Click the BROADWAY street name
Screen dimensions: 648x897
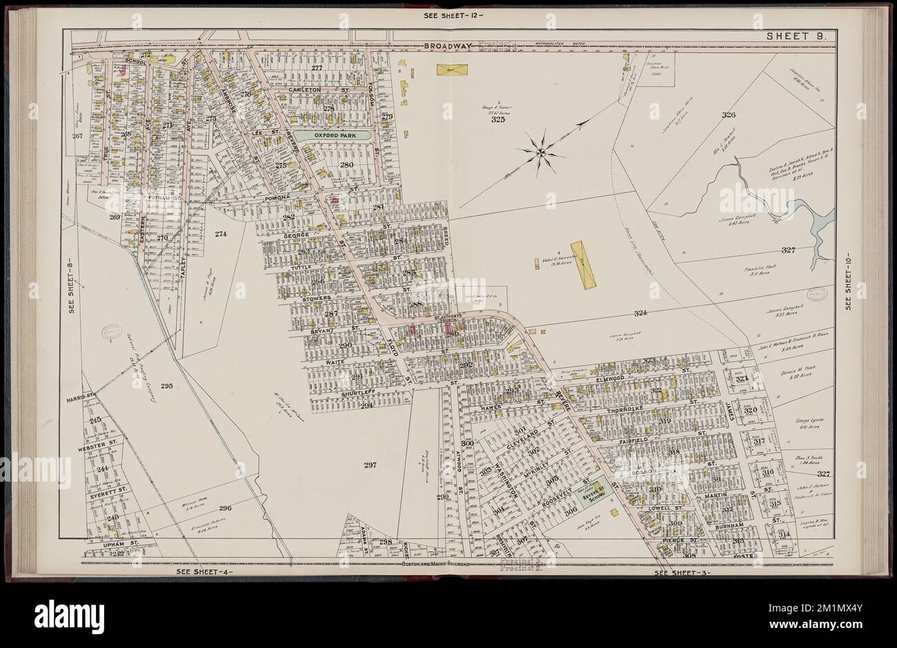[446, 46]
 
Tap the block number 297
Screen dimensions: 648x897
[370, 465]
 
